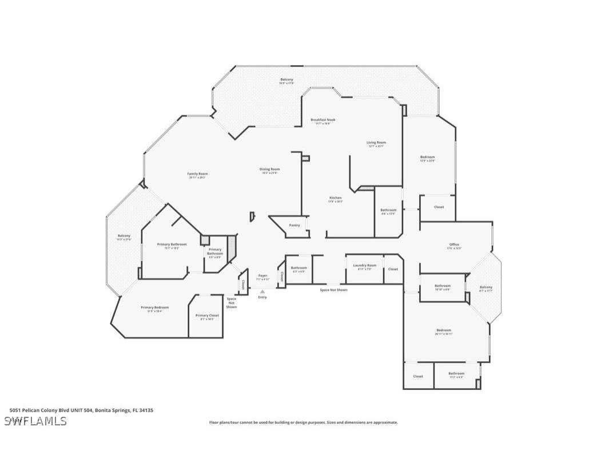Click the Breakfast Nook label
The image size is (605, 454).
pos(323,120)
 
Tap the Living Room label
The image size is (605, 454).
pos(376,143)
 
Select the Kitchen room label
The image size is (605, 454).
pos(335,198)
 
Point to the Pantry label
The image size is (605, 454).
pos(294,225)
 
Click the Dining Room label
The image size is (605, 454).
pos(270,169)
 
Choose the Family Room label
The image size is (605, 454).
pos(197,173)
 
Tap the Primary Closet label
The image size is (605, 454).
pos(207,315)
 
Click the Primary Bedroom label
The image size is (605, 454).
pos(155,307)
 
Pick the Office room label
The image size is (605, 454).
pos(454,244)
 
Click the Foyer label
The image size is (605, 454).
pos(262,275)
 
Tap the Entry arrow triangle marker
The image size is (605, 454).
pos(262,291)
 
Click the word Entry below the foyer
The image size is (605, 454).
pos(262,297)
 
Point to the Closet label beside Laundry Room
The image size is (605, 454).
pos(393,269)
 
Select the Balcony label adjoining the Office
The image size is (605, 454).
pos(486,287)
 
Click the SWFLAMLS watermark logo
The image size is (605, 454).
pos(35,421)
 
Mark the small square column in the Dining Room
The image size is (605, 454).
pos(305,158)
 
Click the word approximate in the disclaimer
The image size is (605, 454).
pos(385,423)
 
